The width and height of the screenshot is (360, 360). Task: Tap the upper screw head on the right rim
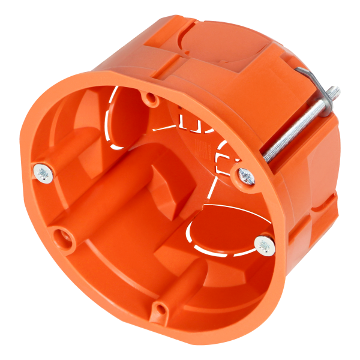(247, 175)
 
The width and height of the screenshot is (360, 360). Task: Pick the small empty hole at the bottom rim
(159, 310)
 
